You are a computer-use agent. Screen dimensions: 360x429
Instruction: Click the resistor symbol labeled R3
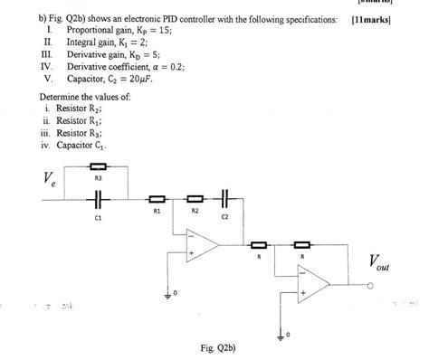[100, 166]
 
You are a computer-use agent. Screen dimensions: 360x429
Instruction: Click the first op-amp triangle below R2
[200, 243]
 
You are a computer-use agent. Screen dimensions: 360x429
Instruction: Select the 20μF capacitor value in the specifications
[144, 78]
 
